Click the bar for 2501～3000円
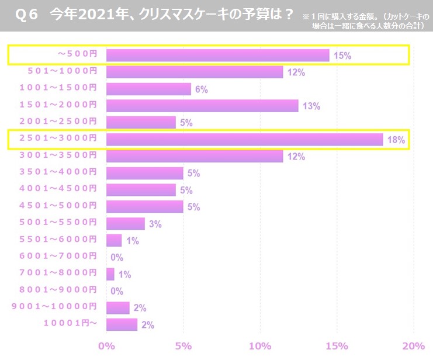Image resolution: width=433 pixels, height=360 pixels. pyautogui.click(x=244, y=140)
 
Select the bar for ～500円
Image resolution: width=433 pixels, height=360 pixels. pyautogui.click(x=217, y=56)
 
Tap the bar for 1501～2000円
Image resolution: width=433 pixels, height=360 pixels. pyautogui.click(x=202, y=106)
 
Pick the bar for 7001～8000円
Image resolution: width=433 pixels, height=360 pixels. pyautogui.click(x=110, y=274)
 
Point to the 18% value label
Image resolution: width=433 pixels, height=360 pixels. pyautogui.click(x=396, y=140)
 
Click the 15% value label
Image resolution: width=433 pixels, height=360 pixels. pyautogui.click(x=342, y=56)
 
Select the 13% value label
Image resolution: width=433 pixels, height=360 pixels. pyautogui.click(x=311, y=106)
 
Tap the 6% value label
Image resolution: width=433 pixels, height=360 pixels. pyautogui.click(x=202, y=89)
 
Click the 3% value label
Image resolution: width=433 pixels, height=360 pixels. pyautogui.click(x=155, y=224)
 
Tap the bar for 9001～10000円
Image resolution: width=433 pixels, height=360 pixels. pyautogui.click(x=118, y=308)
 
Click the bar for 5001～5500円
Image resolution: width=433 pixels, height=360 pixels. pyautogui.click(x=126, y=224)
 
